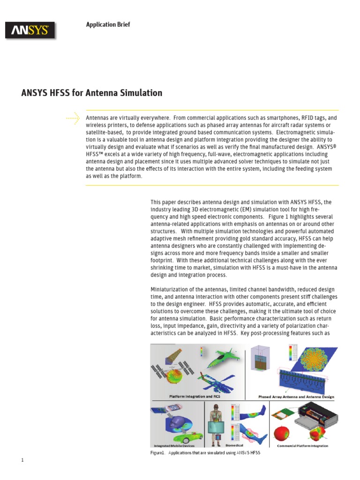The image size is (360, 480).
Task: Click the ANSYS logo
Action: point(30,31)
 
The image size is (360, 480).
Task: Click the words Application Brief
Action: point(108,24)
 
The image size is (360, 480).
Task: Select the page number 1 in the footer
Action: point(22,460)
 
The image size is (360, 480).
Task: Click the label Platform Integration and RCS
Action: point(195,396)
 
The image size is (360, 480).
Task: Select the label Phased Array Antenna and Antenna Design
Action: point(296,397)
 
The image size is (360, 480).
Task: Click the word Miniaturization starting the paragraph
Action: point(170,290)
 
